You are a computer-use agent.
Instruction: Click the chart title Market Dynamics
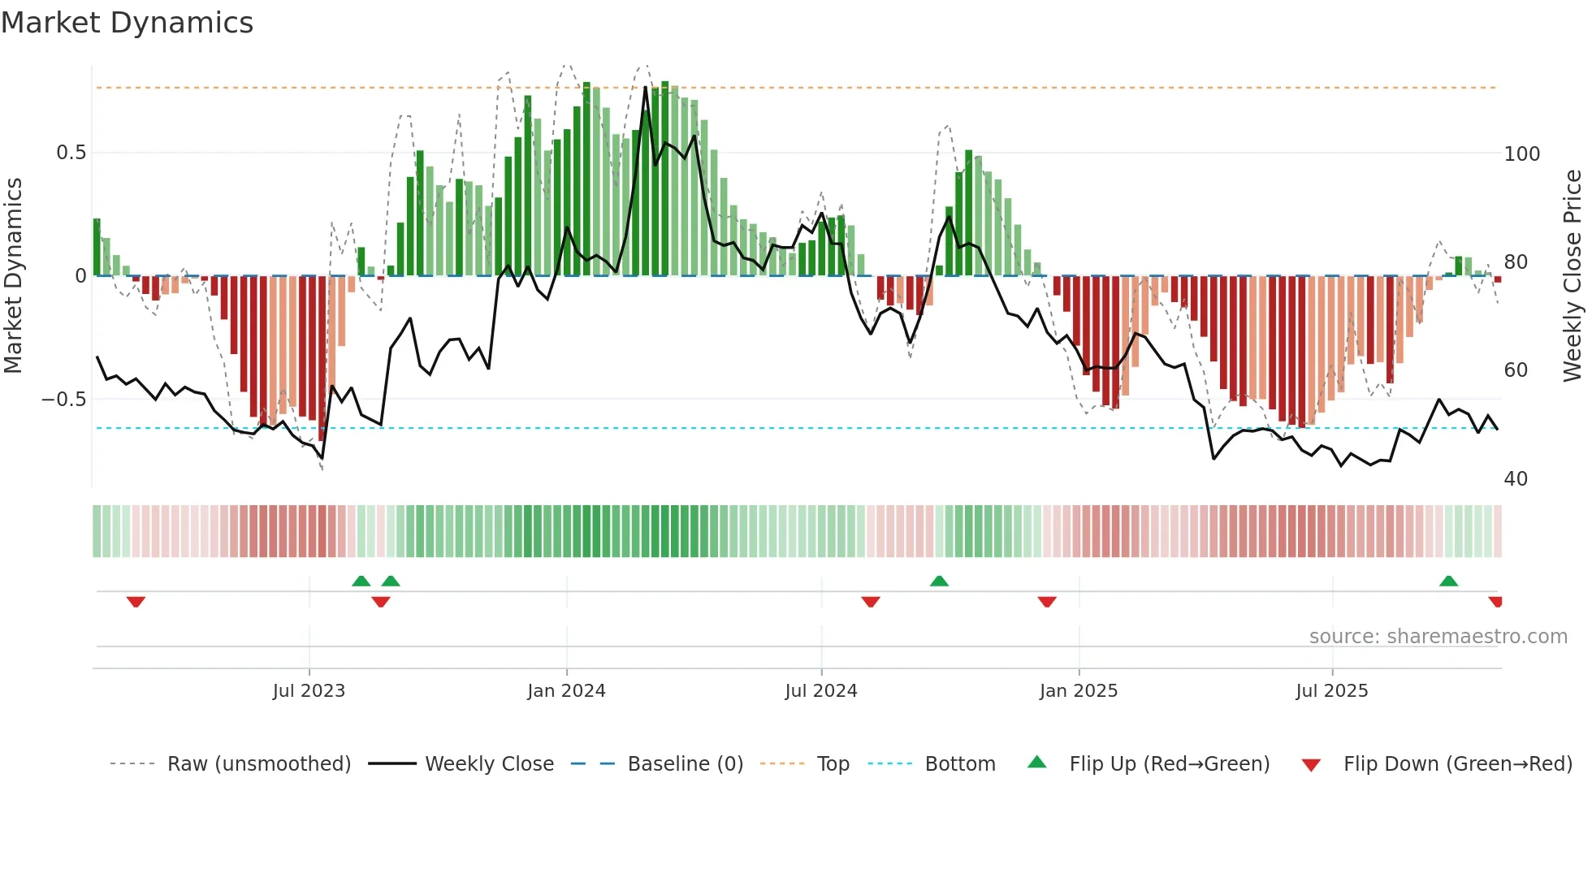point(128,23)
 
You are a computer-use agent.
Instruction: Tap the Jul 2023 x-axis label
point(309,691)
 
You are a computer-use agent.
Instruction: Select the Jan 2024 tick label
point(566,691)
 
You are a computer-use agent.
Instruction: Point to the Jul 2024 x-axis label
point(820,691)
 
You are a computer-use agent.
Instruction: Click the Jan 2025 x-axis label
point(1078,691)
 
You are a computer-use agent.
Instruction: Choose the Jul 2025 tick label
point(1331,691)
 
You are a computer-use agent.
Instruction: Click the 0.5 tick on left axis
point(71,153)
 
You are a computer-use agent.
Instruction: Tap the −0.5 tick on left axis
point(64,400)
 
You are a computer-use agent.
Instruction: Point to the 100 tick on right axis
point(1521,154)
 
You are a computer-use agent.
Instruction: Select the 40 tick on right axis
point(1516,479)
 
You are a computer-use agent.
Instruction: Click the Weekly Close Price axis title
point(1573,276)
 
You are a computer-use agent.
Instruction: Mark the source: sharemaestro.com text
point(1438,637)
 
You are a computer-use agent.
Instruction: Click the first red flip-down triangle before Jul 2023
point(136,602)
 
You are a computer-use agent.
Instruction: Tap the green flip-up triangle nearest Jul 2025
point(1448,581)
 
